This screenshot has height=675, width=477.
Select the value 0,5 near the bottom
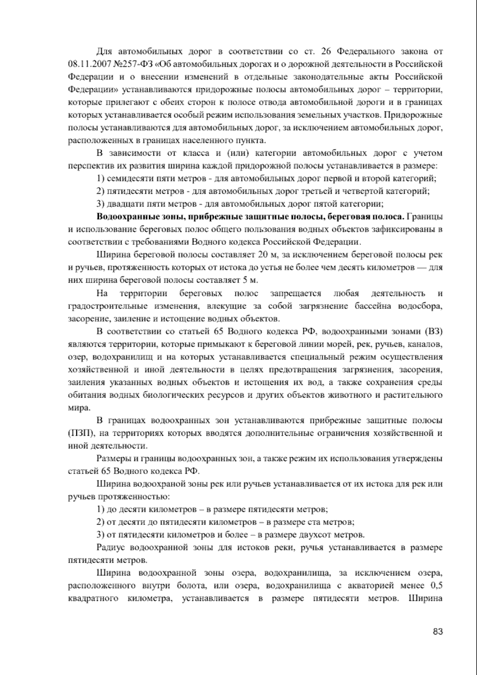436,586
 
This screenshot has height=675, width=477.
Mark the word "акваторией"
372,586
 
